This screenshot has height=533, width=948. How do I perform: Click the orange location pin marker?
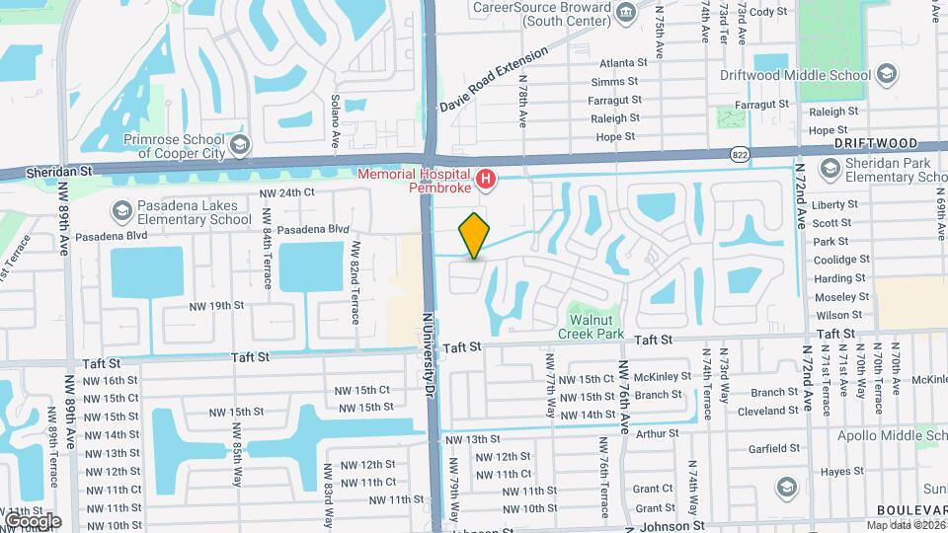coord(474,235)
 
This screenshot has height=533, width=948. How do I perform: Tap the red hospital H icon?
coord(486,179)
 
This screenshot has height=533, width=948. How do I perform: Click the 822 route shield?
coord(740,155)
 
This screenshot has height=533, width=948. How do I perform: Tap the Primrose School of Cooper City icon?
coord(239,146)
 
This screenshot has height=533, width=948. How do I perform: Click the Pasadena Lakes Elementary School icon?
coord(121,210)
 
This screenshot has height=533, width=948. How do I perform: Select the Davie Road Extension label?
coord(494,79)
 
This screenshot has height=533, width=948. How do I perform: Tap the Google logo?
coord(32,520)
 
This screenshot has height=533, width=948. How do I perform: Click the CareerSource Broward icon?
coord(624,11)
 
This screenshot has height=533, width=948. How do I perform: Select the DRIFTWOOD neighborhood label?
coord(875,144)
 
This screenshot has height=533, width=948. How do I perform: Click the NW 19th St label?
coord(216,305)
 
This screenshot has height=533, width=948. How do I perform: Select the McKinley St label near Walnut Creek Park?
coord(663,376)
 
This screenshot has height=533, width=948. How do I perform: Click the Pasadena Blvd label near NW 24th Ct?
coord(313,229)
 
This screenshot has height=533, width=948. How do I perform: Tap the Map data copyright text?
coord(906,524)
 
